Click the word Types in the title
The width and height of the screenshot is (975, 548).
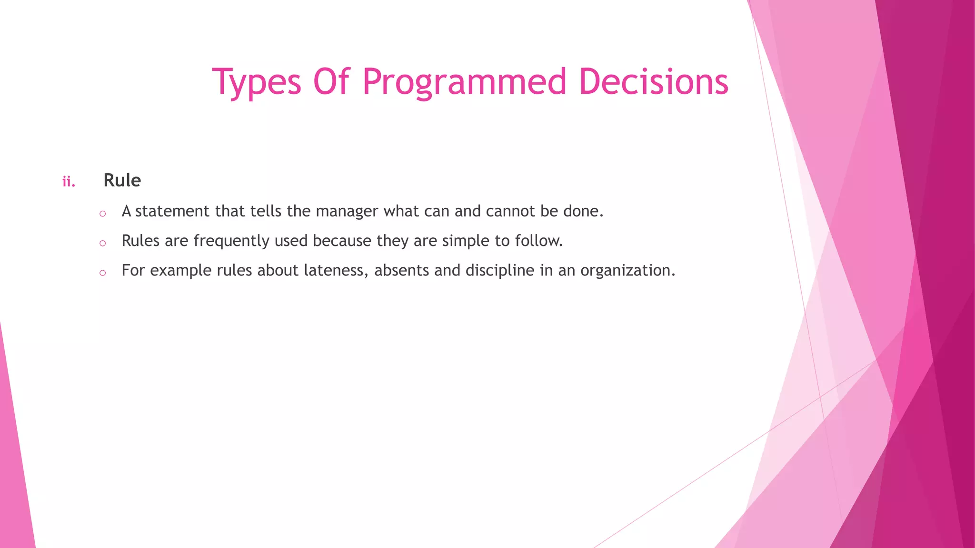(x=257, y=82)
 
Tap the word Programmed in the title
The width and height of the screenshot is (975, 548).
(x=464, y=82)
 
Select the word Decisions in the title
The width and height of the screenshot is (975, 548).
(x=653, y=82)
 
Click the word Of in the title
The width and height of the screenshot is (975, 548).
(x=331, y=82)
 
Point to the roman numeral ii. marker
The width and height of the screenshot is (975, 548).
(x=69, y=182)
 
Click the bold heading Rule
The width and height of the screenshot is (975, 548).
(x=122, y=181)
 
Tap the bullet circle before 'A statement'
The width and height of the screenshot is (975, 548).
(x=102, y=214)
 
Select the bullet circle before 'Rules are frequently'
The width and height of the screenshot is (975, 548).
(x=102, y=244)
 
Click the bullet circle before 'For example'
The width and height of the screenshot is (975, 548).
(x=102, y=273)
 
